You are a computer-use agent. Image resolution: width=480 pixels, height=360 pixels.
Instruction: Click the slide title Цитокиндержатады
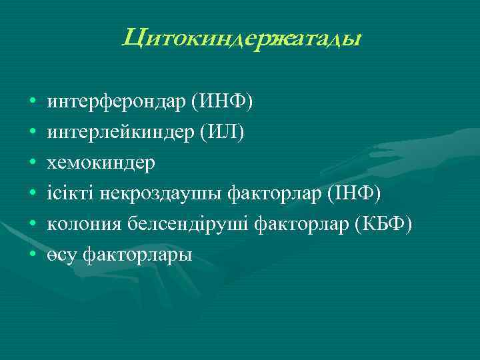(241, 39)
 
